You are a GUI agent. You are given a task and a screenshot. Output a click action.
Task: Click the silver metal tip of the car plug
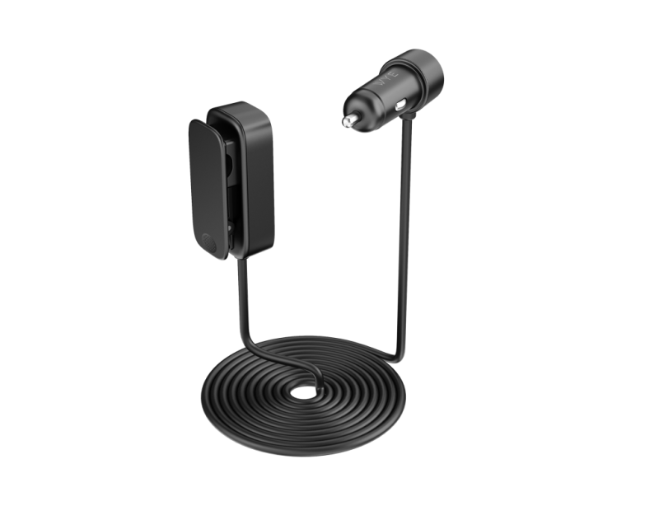click(350, 121)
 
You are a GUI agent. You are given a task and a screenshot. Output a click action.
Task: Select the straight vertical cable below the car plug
click(404, 231)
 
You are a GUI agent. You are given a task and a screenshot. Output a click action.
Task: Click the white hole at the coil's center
click(306, 391)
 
